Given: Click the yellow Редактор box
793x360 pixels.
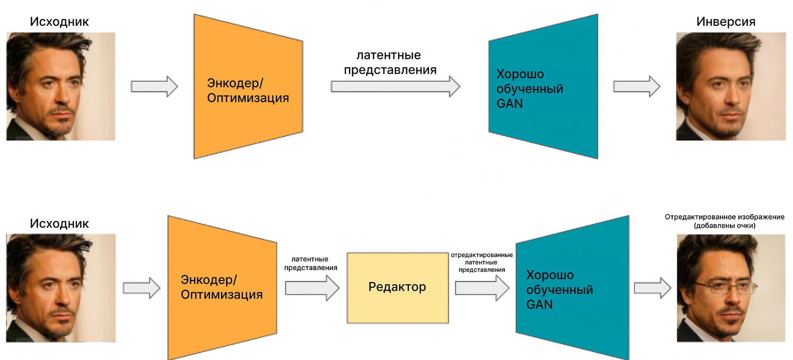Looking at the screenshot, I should [x=397, y=288].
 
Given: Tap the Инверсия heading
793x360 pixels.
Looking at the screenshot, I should [x=725, y=22].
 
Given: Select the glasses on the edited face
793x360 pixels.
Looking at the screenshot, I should [x=725, y=287].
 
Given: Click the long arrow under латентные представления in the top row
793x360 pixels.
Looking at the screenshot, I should [x=395, y=87].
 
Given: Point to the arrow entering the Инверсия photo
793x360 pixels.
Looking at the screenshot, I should [x=637, y=87].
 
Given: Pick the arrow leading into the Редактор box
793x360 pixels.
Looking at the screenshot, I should [x=312, y=288].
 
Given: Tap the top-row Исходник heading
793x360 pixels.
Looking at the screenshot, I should [x=59, y=22].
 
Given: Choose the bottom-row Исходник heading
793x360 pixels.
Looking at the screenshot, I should [x=59, y=224].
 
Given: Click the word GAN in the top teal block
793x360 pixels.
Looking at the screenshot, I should [x=509, y=103].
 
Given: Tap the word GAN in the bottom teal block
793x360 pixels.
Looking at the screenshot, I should [x=540, y=305].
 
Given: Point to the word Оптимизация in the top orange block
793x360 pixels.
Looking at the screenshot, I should [x=248, y=98].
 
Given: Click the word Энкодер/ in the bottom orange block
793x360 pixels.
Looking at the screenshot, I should [x=209, y=280].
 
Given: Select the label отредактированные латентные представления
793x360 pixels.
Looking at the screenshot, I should [x=482, y=262].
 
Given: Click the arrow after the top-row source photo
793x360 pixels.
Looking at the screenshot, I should [x=154, y=87].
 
